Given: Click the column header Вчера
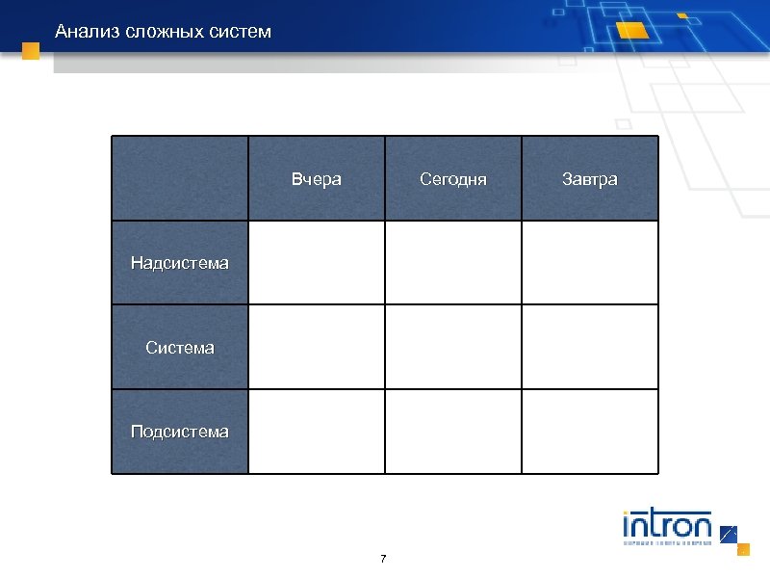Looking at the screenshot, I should (x=317, y=179).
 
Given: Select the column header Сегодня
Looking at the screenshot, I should (x=453, y=179).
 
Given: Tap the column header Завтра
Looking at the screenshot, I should (x=590, y=179).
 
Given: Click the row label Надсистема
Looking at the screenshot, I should (x=180, y=262).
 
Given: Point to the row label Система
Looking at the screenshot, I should (x=180, y=347).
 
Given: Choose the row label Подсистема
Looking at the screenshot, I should (x=180, y=431).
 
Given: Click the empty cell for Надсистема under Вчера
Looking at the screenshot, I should (x=317, y=262).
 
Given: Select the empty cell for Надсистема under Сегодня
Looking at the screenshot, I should (x=453, y=262).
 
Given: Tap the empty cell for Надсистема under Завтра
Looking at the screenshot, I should (x=590, y=262).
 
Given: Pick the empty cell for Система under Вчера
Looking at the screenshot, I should (x=317, y=347).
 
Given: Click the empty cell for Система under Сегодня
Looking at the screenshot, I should (x=453, y=347).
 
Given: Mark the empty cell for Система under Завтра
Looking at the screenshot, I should (x=590, y=347).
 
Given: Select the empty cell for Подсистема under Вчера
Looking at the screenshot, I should (x=317, y=431).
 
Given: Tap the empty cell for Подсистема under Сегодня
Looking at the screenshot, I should (x=453, y=431).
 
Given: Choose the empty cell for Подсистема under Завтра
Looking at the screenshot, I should (x=590, y=431).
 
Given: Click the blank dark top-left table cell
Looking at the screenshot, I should (x=180, y=178).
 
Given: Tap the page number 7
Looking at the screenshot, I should (x=383, y=559).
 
